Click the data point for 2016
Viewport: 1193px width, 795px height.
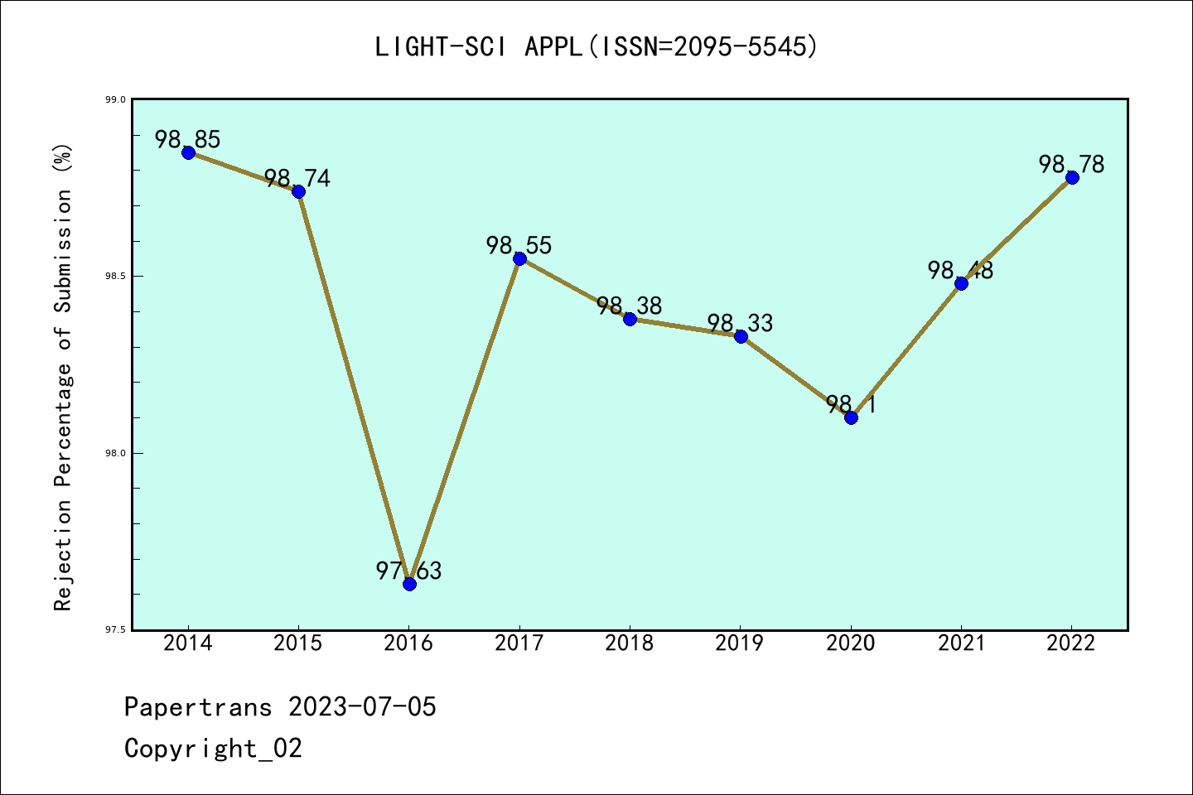click(409, 584)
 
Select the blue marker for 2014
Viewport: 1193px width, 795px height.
click(188, 152)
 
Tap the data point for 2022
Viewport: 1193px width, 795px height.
click(1072, 177)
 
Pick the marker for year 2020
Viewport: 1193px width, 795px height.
click(851, 417)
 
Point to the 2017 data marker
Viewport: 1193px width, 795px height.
click(519, 258)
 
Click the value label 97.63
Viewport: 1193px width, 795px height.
click(409, 571)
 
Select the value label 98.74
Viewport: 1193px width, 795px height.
click(297, 178)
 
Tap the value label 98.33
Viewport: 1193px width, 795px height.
click(740, 323)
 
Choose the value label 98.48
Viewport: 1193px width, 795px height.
click(960, 270)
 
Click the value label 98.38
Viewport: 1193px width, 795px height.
click(630, 306)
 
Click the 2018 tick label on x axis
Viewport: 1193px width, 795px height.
click(630, 643)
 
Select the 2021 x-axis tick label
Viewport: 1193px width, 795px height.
click(961, 643)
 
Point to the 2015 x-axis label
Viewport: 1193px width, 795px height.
click(298, 643)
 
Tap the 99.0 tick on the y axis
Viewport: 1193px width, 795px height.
click(115, 99)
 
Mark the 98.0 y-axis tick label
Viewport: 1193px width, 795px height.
click(115, 453)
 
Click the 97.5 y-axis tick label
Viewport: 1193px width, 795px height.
click(115, 630)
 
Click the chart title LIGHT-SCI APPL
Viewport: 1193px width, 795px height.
click(596, 47)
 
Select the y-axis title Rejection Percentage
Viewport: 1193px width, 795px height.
click(63, 377)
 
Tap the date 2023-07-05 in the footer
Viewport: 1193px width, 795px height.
click(362, 707)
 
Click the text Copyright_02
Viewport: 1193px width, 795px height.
click(213, 749)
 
